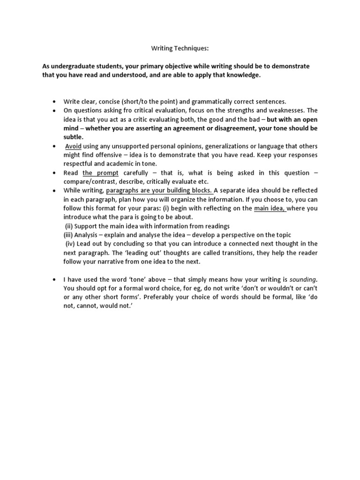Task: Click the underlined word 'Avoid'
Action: pyautogui.click(x=73, y=146)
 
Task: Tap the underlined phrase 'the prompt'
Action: pyautogui.click(x=100, y=173)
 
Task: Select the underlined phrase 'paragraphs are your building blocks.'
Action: pyautogui.click(x=159, y=191)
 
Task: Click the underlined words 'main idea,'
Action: pyautogui.click(x=270, y=209)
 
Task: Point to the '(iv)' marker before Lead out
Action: pyautogui.click(x=71, y=244)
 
